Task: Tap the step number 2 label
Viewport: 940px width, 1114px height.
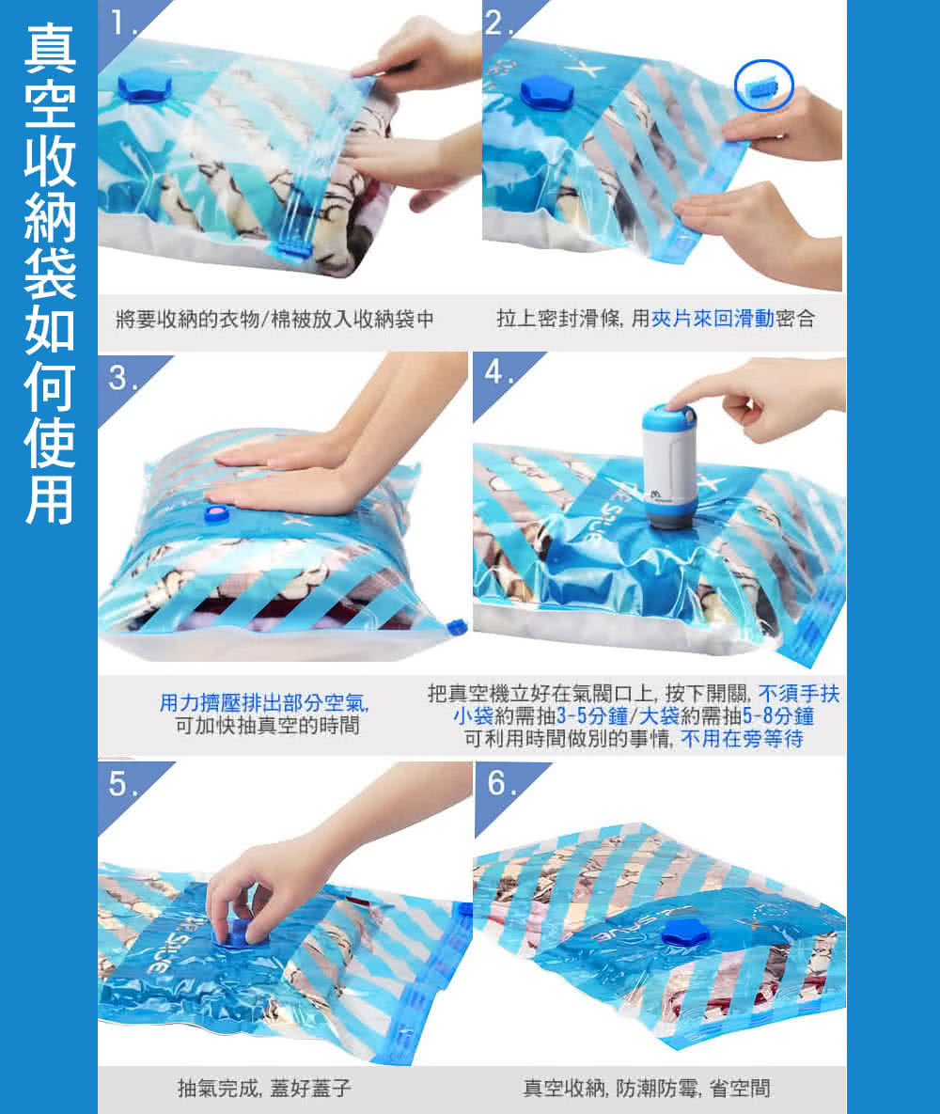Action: [x=496, y=23]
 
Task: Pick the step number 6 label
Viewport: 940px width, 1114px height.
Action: [x=497, y=783]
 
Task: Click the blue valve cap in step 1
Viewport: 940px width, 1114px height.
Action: [x=144, y=86]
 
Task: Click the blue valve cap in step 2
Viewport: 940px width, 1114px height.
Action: [x=547, y=92]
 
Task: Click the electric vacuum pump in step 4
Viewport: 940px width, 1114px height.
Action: [x=668, y=466]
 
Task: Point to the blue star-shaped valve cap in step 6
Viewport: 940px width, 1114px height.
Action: [x=686, y=932]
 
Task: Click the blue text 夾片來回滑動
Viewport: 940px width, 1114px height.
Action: [x=713, y=319]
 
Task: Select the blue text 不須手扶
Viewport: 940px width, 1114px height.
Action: [x=799, y=693]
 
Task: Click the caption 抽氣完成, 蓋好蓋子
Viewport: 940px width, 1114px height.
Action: [x=264, y=1088]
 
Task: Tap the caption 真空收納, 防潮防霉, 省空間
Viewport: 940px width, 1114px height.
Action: [x=647, y=1088]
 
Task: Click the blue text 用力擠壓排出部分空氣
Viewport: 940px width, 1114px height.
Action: [x=263, y=702]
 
